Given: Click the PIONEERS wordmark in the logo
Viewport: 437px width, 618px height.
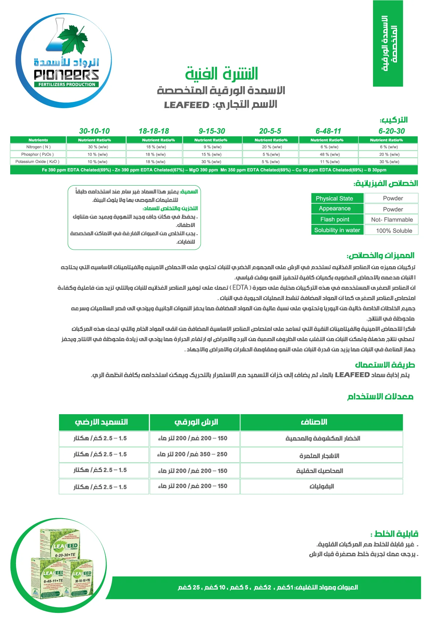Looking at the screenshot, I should pyautogui.click(x=66, y=75).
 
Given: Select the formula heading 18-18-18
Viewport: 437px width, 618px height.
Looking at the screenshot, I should pyautogui.click(x=154, y=131).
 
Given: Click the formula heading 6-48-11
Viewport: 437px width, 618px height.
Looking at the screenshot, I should pyautogui.click(x=328, y=131).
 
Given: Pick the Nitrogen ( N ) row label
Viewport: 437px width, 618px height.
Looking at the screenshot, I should pyautogui.click(x=38, y=147).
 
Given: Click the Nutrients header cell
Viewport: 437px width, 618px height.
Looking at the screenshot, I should pyautogui.click(x=38, y=140).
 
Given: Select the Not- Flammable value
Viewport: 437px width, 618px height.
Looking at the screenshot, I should pyautogui.click(x=392, y=220).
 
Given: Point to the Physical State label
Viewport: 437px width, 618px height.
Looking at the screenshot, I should pyautogui.click(x=334, y=199).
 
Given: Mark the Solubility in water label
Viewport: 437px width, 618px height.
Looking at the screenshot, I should pyautogui.click(x=337, y=230).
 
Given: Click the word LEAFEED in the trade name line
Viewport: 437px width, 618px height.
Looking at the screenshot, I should pyautogui.click(x=186, y=105).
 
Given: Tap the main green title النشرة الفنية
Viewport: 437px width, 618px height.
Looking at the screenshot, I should pyautogui.click(x=221, y=74).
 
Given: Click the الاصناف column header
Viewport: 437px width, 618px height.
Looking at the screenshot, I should pyautogui.click(x=314, y=422).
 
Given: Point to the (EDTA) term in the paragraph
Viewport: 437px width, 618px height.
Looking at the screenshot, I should pyautogui.click(x=240, y=288).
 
